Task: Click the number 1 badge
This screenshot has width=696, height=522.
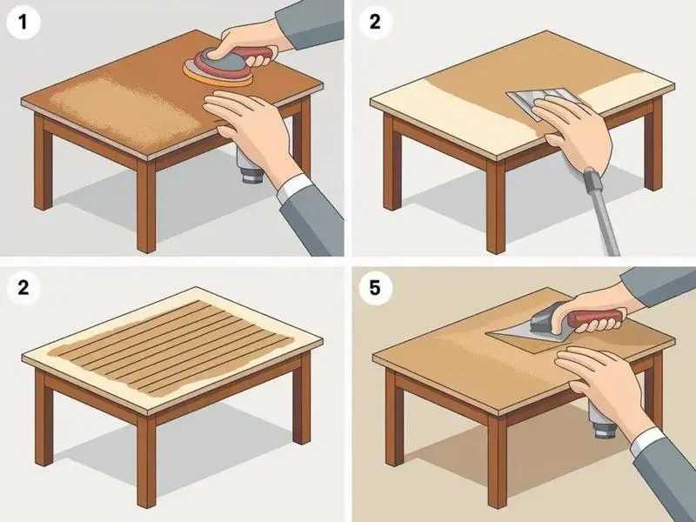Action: coord(23,23)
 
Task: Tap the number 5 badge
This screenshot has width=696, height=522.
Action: coord(375,288)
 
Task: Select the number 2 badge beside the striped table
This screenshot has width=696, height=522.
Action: coord(23,288)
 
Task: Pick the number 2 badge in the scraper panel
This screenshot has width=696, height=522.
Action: coord(375,23)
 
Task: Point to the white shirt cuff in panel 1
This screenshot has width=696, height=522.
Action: coord(294,187)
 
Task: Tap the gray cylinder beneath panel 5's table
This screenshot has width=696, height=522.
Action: coord(601,418)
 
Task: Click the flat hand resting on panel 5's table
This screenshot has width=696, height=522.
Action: coord(599,381)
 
